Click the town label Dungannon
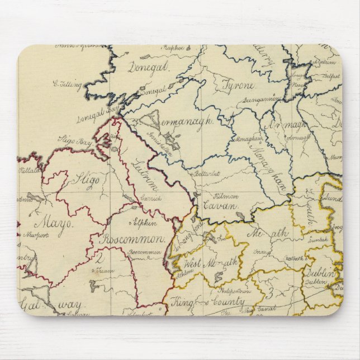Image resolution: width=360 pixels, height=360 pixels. point(261,100)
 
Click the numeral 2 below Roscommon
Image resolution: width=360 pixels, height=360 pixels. point(100,258)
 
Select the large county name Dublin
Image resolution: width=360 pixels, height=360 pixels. point(320,273)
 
